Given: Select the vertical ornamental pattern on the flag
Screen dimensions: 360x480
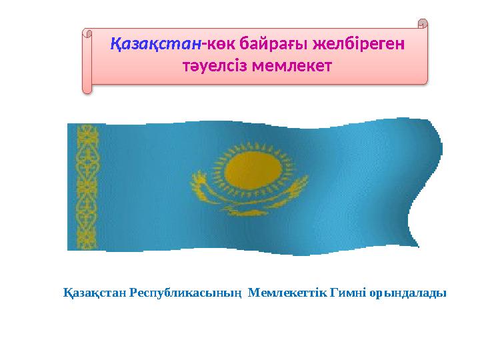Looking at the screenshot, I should pos(88,187).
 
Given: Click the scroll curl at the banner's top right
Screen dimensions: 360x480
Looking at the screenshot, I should pos(421,25).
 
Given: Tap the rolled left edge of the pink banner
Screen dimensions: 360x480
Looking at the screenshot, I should pos(87,60).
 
